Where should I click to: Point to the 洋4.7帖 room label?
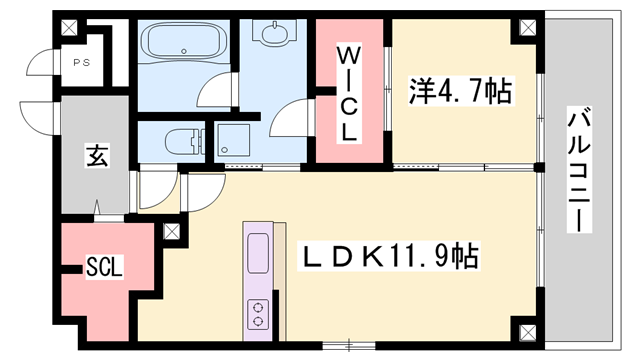461,93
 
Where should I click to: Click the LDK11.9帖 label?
390,257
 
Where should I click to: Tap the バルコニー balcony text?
579,170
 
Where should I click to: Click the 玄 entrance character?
96,156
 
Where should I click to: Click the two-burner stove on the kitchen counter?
257,314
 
